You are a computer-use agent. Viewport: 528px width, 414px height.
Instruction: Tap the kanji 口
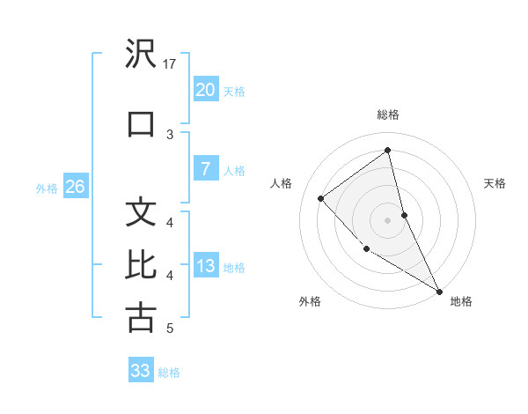(141, 122)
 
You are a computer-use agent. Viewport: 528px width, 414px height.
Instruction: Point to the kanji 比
(141, 264)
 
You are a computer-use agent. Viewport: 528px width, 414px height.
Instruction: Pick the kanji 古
(141, 317)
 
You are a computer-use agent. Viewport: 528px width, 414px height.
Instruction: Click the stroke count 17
(171, 63)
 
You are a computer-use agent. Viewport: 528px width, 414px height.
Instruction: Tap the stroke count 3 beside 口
(170, 134)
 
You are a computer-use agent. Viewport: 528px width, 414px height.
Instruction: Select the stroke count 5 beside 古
(170, 329)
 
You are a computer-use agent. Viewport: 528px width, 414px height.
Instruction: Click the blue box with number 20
(205, 89)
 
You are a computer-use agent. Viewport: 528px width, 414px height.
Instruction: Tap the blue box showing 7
(205, 169)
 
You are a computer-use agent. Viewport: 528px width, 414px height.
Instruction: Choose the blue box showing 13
(205, 266)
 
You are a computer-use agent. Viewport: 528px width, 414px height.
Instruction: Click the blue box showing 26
(76, 187)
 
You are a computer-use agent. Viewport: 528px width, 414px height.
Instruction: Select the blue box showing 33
(141, 371)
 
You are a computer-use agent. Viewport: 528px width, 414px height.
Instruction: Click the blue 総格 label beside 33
(169, 373)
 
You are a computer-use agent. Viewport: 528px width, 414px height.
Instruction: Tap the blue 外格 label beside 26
(47, 188)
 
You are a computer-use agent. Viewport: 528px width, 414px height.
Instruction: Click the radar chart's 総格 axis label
(388, 115)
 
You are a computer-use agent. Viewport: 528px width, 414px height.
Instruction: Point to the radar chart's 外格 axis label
(310, 301)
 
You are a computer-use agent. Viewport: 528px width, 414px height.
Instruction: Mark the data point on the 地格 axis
(439, 291)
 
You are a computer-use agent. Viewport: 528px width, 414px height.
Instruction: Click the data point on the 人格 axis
(321, 198)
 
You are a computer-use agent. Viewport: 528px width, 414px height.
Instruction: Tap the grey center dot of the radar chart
(388, 220)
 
